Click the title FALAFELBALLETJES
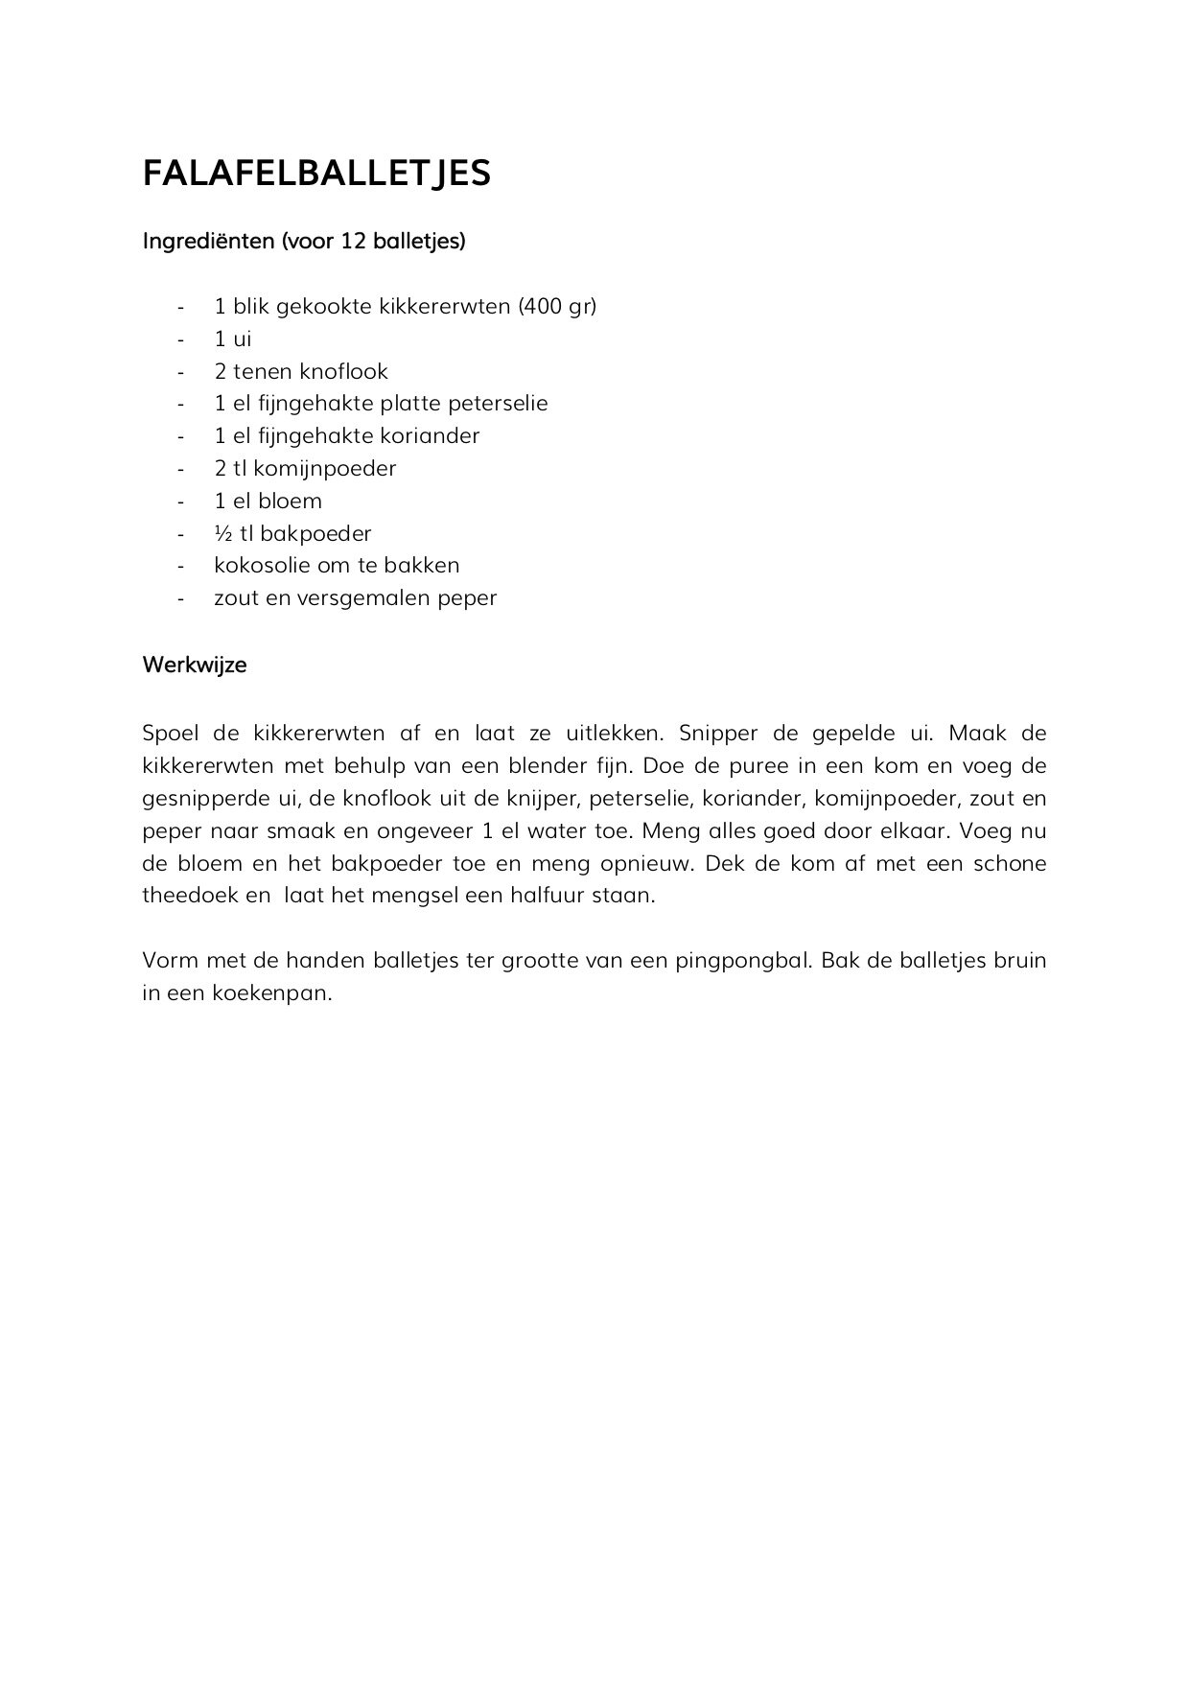[316, 173]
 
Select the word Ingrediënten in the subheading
[208, 241]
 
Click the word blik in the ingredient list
[251, 306]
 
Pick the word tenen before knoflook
[262, 371]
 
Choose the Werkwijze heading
[194, 665]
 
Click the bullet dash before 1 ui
[180, 339]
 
